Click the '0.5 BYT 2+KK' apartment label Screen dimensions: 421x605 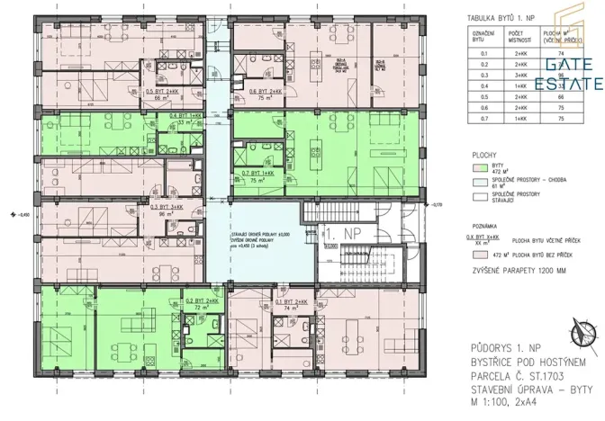[x=165, y=90]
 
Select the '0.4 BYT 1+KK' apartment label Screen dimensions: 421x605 [x=186, y=116]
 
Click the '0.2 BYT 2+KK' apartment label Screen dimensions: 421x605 [x=204, y=300]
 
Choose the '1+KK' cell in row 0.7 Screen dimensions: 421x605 [x=510, y=117]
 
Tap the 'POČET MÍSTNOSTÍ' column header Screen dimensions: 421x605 [x=510, y=37]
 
